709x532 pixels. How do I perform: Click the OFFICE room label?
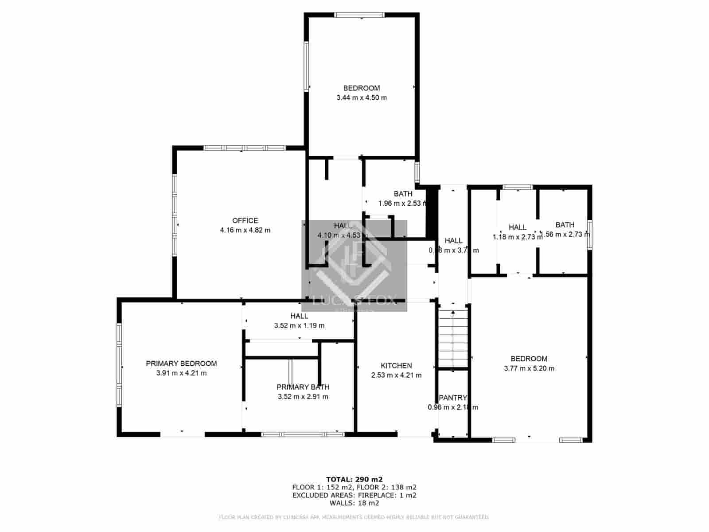[x=245, y=221]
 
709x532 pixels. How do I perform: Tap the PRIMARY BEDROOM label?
[x=181, y=364]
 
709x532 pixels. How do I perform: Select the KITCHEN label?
[x=396, y=366]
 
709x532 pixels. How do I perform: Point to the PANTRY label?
[x=452, y=398]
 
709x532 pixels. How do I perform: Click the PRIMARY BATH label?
[x=303, y=387]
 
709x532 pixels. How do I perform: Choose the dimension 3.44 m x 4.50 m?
[x=361, y=98]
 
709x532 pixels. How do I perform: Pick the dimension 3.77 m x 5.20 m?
[x=529, y=368]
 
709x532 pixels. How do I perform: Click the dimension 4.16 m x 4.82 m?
[x=245, y=231]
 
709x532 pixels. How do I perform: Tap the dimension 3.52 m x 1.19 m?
[x=299, y=325]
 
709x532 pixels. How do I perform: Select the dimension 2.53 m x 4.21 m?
[x=396, y=375]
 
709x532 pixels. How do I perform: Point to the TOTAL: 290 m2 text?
[x=354, y=479]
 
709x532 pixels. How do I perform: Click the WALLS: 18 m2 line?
[x=354, y=503]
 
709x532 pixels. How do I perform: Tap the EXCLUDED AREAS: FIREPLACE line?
[x=354, y=495]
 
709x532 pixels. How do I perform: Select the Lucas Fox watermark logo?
[x=354, y=266]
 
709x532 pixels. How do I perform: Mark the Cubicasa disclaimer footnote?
[x=354, y=517]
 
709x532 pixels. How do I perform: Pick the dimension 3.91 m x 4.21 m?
[x=181, y=373]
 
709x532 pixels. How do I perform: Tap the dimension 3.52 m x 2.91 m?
[x=303, y=397]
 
